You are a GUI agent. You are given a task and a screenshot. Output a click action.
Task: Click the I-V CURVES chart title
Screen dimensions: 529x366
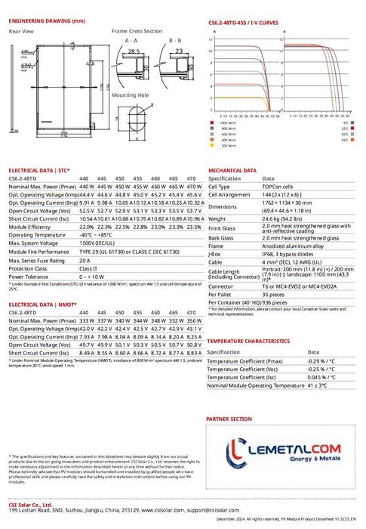pyautogui.click(x=243, y=23)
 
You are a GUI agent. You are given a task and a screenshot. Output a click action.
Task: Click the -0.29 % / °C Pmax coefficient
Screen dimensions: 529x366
pyautogui.click(x=321, y=361)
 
